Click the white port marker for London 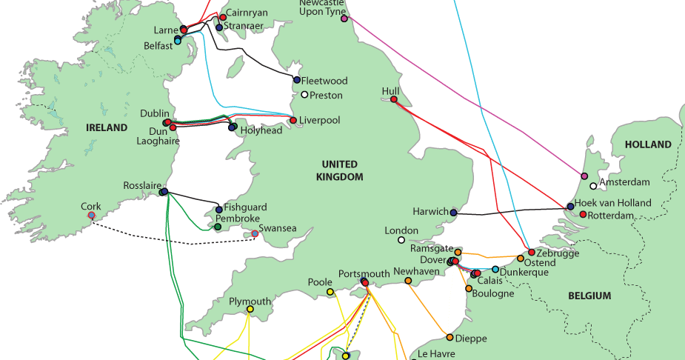pos(401,240)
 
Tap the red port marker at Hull pos(394,99)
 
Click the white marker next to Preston pos(304,95)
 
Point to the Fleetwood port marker pos(297,80)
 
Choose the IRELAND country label pos(107,127)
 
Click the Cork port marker pos(91,215)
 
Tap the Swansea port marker pos(255,234)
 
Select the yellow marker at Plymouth pos(250,309)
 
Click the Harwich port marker pos(453,213)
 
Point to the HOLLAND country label pos(647,144)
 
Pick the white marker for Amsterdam pos(593,186)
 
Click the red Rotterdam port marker pos(583,215)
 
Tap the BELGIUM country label pos(589,296)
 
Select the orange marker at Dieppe pos(450,337)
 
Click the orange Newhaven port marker pos(408,280)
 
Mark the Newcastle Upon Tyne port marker pos(344,19)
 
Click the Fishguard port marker pos(219,210)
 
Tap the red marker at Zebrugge pos(531,253)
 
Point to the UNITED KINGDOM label pos(339,170)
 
